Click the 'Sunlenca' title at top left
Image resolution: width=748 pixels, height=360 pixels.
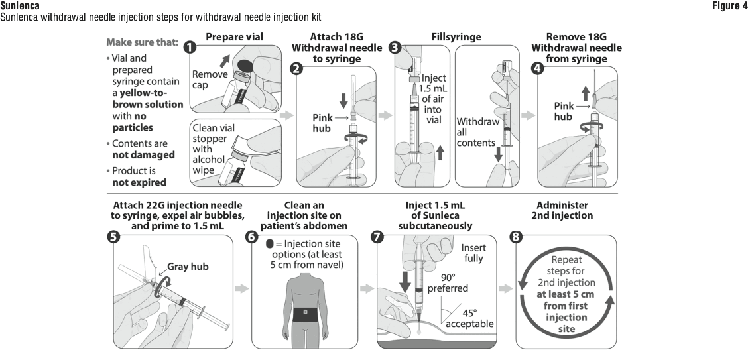pyautogui.click(x=16, y=5)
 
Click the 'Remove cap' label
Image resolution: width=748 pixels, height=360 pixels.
pyautogui.click(x=210, y=81)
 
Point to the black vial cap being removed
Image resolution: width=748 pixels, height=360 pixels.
pyautogui.click(x=245, y=66)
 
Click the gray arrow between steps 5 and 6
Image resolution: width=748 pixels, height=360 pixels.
pyautogui.click(x=243, y=289)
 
